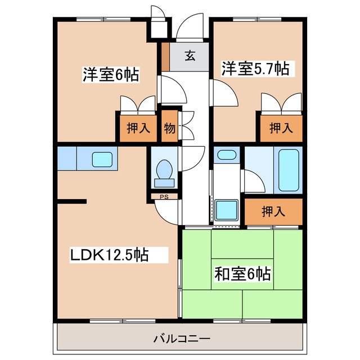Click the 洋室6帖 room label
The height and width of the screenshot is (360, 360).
tap(111, 74)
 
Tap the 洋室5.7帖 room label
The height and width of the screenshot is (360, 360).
tap(255, 69)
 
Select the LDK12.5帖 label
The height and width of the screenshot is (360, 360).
tap(109, 255)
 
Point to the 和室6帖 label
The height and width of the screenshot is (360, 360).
tap(242, 274)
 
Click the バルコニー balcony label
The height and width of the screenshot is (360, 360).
tap(182, 339)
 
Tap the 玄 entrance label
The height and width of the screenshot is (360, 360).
tap(190, 56)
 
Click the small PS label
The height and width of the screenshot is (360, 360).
tap(164, 197)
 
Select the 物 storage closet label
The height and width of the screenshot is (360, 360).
tap(170, 128)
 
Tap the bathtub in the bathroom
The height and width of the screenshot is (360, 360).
tap(289, 170)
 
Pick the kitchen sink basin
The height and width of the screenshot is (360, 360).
tap(102, 160)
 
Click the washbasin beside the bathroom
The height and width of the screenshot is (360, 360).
tap(227, 155)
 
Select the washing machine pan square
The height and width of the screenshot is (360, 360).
tap(226, 210)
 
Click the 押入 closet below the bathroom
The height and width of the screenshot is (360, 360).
tap(273, 211)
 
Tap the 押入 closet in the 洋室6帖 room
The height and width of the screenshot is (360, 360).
tap(138, 128)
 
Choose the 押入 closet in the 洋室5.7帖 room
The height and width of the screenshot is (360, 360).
tap(281, 128)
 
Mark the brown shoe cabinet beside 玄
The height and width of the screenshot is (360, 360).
tap(165, 57)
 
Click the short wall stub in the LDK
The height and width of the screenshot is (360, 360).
tap(72, 201)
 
